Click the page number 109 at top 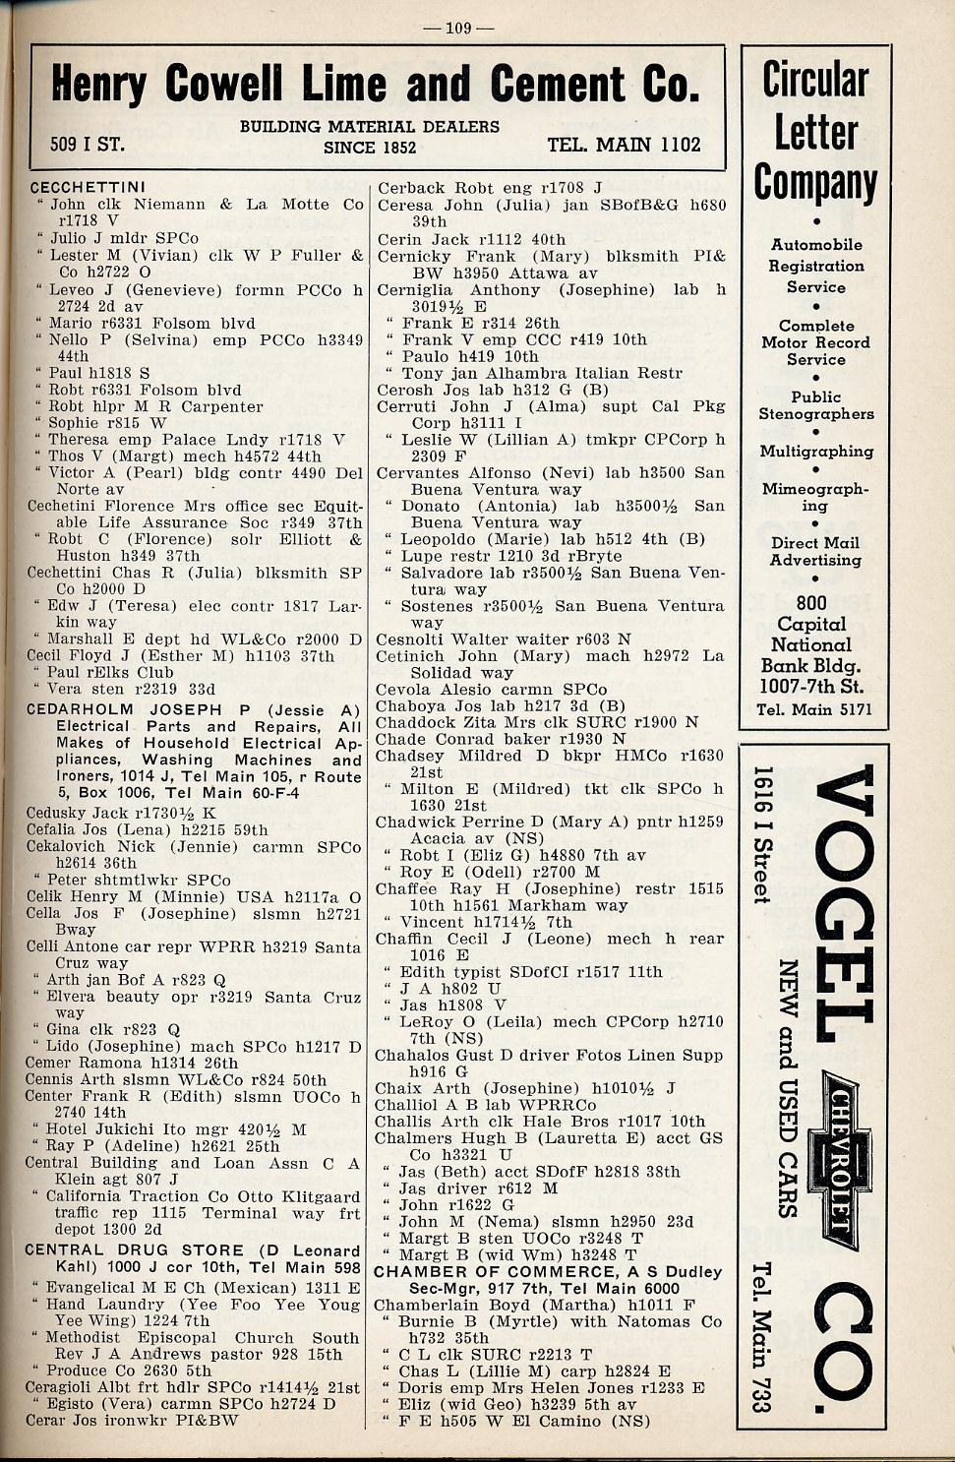point(458,27)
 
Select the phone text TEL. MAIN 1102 point(624,145)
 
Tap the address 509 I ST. point(88,145)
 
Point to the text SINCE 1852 point(370,148)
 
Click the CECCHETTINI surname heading point(88,187)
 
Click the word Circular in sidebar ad point(815,81)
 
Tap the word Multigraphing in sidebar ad point(816,452)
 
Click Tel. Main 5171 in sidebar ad point(814,709)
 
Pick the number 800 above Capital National point(811,603)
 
